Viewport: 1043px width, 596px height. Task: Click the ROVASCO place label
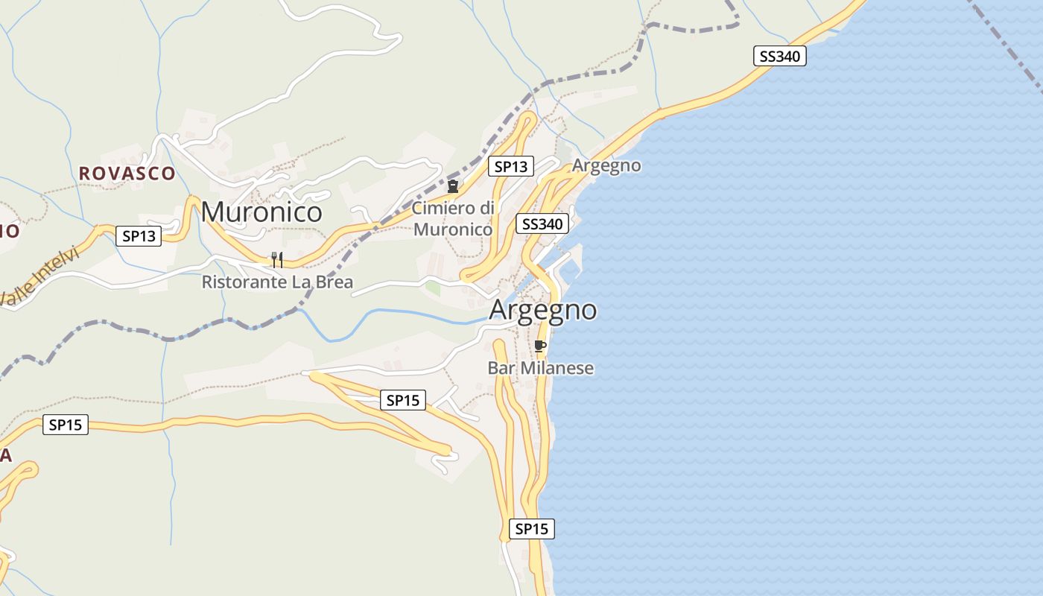point(127,174)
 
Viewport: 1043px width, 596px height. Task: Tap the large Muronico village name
point(261,212)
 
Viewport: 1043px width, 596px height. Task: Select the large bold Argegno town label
point(543,310)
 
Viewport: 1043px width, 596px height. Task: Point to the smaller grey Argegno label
point(606,165)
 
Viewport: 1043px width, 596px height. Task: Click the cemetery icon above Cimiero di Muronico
point(452,186)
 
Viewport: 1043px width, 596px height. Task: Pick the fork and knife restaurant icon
point(276,259)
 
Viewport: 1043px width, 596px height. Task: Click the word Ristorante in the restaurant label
point(238,282)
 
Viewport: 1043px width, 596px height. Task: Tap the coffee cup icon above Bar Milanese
point(540,346)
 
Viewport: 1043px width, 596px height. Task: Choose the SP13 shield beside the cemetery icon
point(511,166)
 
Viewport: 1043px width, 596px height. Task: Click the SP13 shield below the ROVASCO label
point(139,237)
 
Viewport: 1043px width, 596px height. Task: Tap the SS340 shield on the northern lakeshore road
point(780,56)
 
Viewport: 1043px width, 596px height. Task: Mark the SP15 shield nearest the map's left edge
point(66,425)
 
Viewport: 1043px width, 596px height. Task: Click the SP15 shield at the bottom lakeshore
point(532,529)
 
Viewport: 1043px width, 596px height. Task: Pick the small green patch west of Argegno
point(432,288)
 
